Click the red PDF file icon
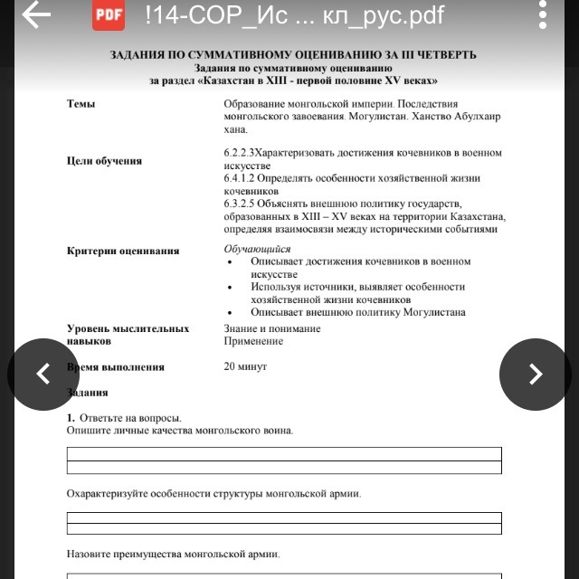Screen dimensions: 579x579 (x=109, y=15)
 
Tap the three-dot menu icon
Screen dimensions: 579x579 (x=543, y=15)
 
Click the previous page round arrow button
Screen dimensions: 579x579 (x=43, y=374)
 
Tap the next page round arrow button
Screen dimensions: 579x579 (x=535, y=374)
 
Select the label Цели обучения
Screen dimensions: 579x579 (x=104, y=161)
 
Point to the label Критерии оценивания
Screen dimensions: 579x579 (x=123, y=251)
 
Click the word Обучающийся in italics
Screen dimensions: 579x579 (x=257, y=249)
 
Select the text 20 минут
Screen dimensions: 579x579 (x=245, y=366)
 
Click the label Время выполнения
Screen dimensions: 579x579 (x=116, y=367)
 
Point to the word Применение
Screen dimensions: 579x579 (x=253, y=341)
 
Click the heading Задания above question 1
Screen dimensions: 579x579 (x=87, y=393)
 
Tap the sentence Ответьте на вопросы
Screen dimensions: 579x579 (x=130, y=418)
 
